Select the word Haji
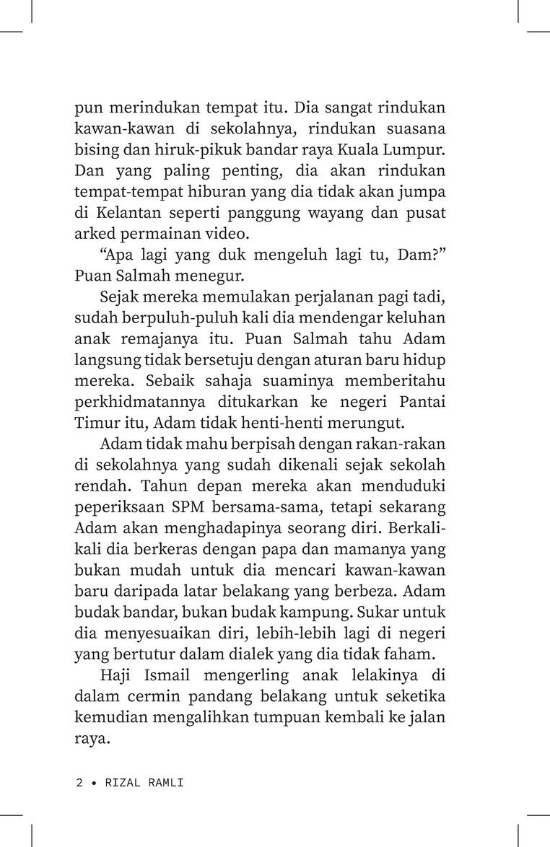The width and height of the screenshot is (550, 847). coord(113,677)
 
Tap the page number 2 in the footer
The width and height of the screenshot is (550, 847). coord(79,783)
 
